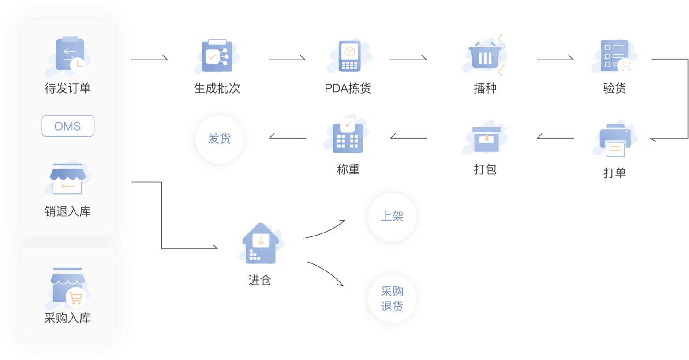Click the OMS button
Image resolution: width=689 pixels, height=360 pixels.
pyautogui.click(x=68, y=126)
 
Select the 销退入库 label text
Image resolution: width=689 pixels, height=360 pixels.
pyautogui.click(x=67, y=212)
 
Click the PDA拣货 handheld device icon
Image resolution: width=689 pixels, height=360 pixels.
pyautogui.click(x=349, y=56)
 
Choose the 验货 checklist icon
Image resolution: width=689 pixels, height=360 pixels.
pyautogui.click(x=615, y=56)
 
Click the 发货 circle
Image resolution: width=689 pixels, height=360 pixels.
pyautogui.click(x=219, y=139)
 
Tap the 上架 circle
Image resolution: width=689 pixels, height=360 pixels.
pyautogui.click(x=392, y=217)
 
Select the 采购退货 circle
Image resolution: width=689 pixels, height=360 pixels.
pyautogui.click(x=392, y=299)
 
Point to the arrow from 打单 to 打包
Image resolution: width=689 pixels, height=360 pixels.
pyautogui.click(x=555, y=138)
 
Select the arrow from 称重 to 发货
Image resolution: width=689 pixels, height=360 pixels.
pyautogui.click(x=287, y=138)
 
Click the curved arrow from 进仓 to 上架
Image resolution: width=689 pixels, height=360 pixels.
pyautogui.click(x=325, y=229)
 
